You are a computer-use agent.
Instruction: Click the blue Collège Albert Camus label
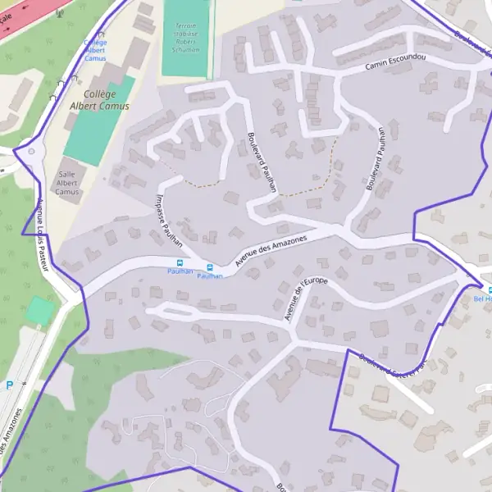[x=95, y=50]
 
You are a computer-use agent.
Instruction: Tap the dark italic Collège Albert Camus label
[x=99, y=100]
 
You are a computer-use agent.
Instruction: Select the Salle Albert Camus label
[x=68, y=183]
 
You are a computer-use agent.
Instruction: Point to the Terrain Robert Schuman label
[x=187, y=37]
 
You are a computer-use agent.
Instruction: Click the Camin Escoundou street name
[x=396, y=65]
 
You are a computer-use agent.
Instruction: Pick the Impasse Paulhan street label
[x=168, y=217]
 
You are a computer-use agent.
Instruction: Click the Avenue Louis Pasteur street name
[x=43, y=235]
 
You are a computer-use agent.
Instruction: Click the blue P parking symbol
[x=10, y=384]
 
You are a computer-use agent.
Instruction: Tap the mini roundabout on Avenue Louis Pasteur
[x=31, y=152]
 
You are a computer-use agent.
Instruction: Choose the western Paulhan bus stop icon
[x=180, y=263]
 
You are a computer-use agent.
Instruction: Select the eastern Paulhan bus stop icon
[x=211, y=267]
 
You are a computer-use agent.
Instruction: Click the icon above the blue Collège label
[x=100, y=34]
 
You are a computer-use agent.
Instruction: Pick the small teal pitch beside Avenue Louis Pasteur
[x=39, y=311]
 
